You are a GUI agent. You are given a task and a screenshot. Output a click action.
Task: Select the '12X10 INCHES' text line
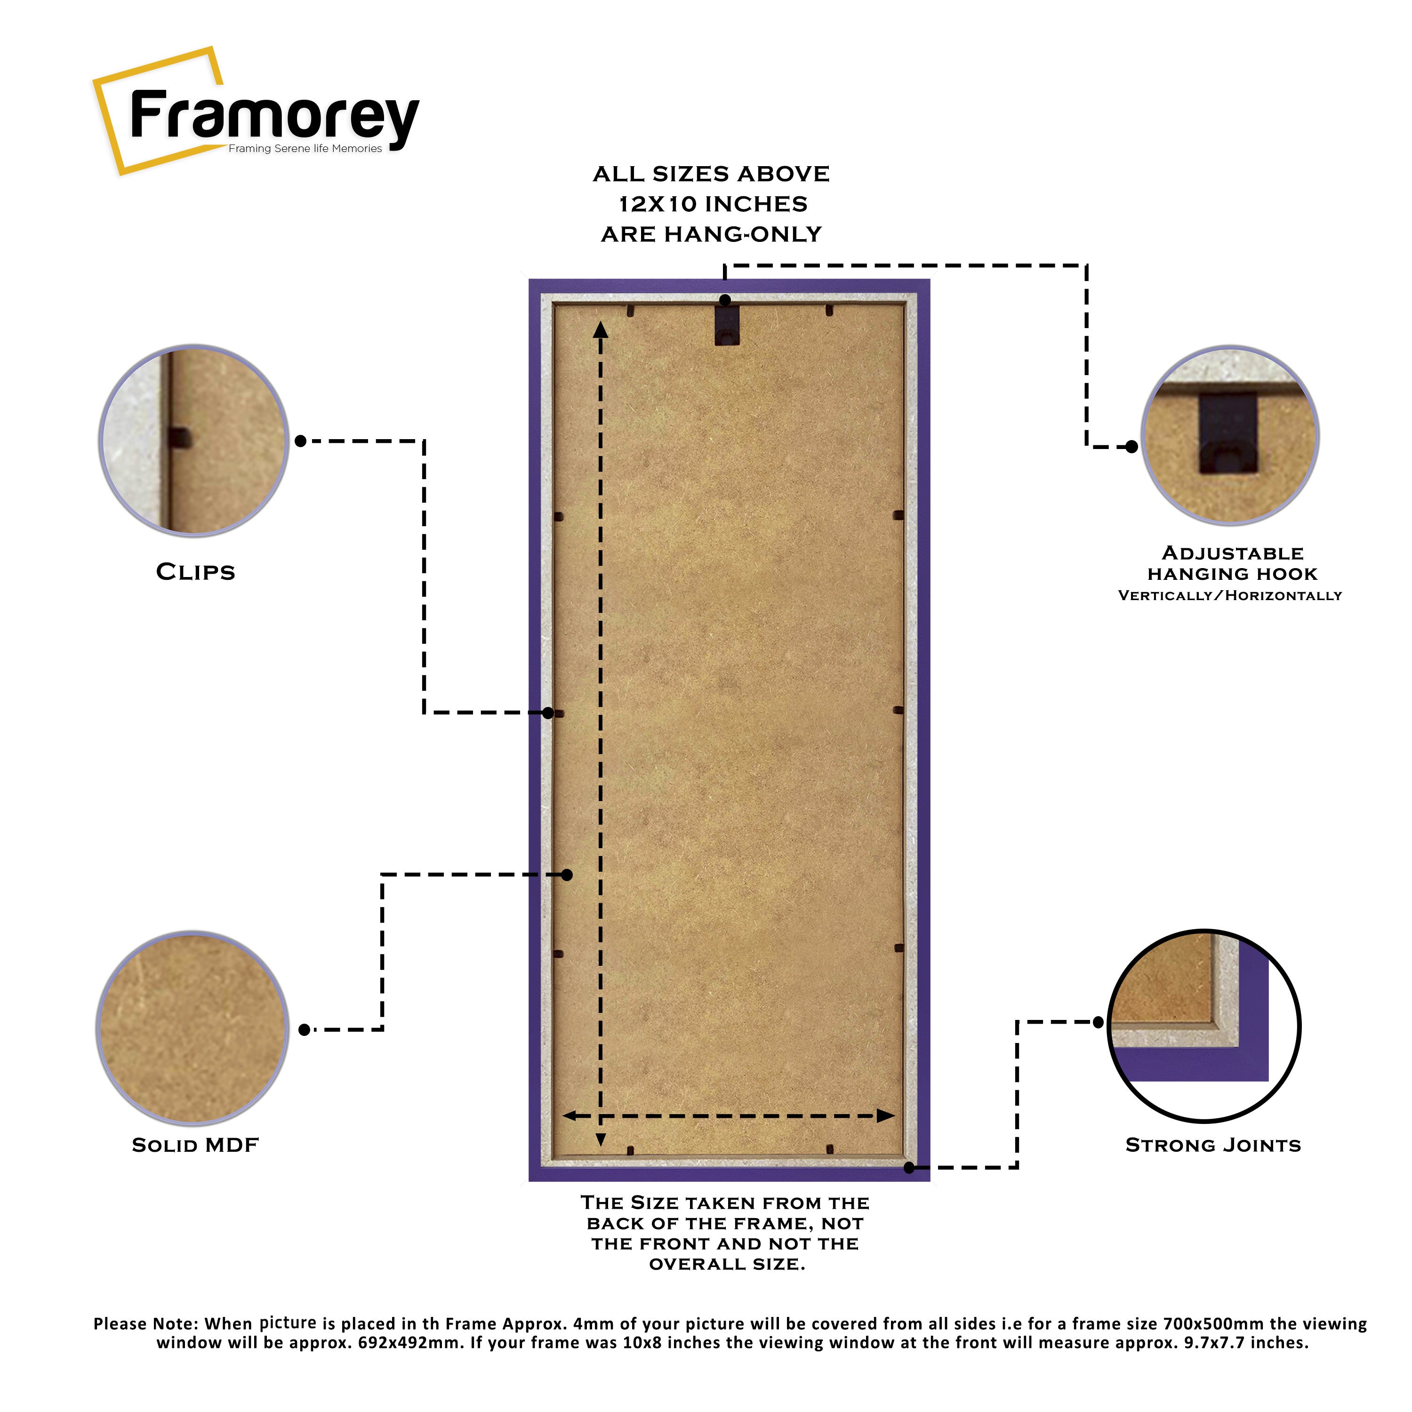(713, 204)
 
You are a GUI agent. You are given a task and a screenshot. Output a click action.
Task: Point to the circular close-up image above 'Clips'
(193, 440)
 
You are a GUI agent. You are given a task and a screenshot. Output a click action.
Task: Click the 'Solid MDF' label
(195, 1145)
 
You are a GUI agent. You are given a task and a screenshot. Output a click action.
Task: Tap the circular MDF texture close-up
(192, 1028)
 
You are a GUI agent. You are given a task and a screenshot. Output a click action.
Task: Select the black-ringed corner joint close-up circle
(1203, 1026)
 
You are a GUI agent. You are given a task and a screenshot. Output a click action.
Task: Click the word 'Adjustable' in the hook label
(1233, 553)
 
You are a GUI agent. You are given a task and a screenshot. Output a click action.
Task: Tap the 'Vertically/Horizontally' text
(1230, 596)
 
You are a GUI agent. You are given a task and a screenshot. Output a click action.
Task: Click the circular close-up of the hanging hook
(1230, 435)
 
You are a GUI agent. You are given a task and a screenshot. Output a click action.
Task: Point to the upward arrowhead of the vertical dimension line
(601, 330)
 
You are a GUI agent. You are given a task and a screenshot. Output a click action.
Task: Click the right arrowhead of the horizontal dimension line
(886, 1116)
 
